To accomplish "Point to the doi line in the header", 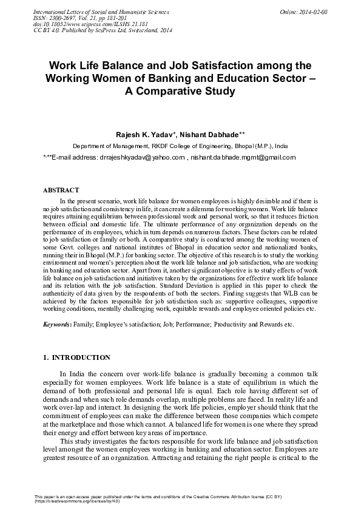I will point(79,25).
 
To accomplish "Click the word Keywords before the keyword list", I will point(56,325).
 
